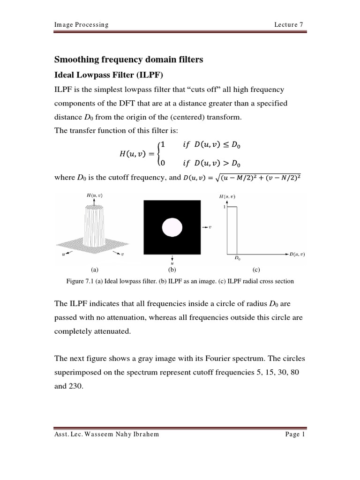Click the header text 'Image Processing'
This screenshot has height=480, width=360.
coord(82,25)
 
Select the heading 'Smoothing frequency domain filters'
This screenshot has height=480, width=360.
coord(129,60)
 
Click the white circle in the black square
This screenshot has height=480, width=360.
coord(172,227)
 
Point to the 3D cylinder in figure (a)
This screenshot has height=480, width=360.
coord(94,225)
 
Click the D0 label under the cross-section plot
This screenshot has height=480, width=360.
coord(237,258)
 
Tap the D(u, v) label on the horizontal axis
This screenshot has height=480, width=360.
coord(297,254)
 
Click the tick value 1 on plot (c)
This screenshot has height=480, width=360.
coord(225,207)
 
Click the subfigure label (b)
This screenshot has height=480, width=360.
coord(172,270)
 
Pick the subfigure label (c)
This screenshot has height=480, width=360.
coord(256,270)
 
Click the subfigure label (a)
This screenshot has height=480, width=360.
coord(94,270)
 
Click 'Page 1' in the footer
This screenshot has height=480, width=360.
coord(295,434)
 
